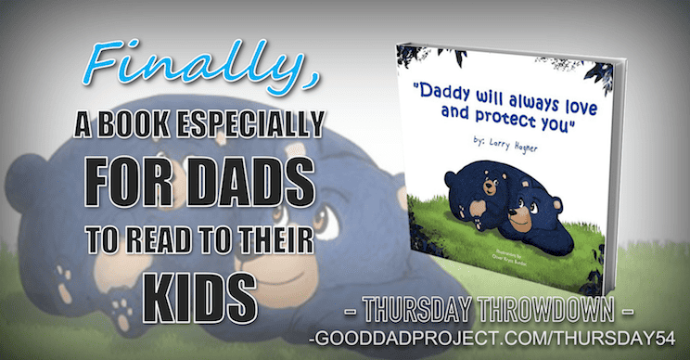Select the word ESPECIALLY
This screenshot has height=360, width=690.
point(268,123)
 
